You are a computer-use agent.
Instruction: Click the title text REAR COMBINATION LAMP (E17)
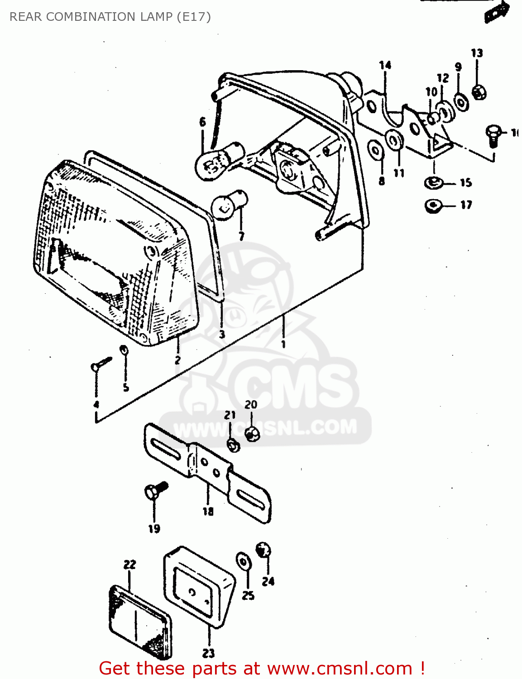point(110,17)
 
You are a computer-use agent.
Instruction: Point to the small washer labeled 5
point(124,350)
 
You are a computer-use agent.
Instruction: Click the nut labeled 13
point(479,92)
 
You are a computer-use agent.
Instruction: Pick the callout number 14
point(385,65)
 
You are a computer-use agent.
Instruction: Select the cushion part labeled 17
point(433,206)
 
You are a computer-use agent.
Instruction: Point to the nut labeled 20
point(252,434)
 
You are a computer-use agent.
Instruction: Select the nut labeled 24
point(263,550)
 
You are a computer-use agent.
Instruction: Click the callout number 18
point(208,512)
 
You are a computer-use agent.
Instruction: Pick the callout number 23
point(208,653)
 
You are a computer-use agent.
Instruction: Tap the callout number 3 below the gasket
point(222,335)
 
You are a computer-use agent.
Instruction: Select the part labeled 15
point(433,183)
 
